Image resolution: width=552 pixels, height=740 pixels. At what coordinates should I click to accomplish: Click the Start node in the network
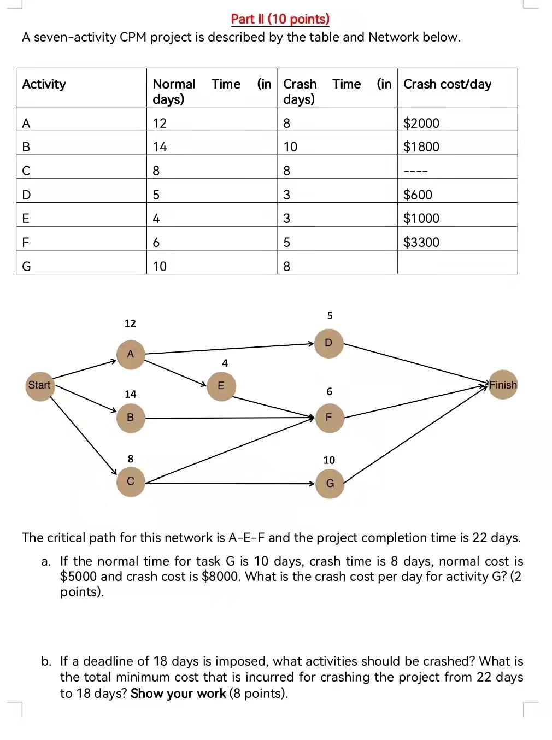tap(39, 385)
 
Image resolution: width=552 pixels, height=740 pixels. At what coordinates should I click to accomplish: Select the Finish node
tap(503, 385)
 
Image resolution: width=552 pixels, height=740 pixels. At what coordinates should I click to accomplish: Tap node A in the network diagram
tap(130, 354)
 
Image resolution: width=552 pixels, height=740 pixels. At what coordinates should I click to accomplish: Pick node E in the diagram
tap(221, 385)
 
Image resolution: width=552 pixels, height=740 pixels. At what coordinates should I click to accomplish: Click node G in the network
tap(330, 484)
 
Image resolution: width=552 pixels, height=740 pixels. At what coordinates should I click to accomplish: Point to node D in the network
tap(328, 343)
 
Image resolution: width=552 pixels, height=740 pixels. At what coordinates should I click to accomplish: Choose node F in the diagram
tap(329, 418)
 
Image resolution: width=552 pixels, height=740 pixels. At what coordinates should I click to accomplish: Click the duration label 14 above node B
tap(131, 394)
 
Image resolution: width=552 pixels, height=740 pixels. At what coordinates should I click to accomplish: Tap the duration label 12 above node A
tap(130, 324)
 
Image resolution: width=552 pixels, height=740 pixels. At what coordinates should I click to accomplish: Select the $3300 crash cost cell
tap(421, 242)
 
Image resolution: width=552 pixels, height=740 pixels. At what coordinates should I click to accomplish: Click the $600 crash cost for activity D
tap(418, 195)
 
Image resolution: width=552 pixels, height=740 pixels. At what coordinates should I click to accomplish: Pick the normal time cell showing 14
tap(160, 146)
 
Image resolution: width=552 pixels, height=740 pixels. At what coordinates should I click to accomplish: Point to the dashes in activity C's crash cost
tap(415, 171)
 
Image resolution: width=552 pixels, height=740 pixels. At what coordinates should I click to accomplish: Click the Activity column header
tap(44, 84)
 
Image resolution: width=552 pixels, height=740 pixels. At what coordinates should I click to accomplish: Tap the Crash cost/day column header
tap(447, 84)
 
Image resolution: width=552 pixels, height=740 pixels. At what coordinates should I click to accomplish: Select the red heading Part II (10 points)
tap(280, 19)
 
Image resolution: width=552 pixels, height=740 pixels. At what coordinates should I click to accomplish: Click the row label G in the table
tap(26, 266)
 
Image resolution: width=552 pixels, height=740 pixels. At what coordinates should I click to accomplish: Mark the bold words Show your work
tap(178, 694)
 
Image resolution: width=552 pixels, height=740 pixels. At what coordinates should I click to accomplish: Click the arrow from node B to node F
tap(230, 418)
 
